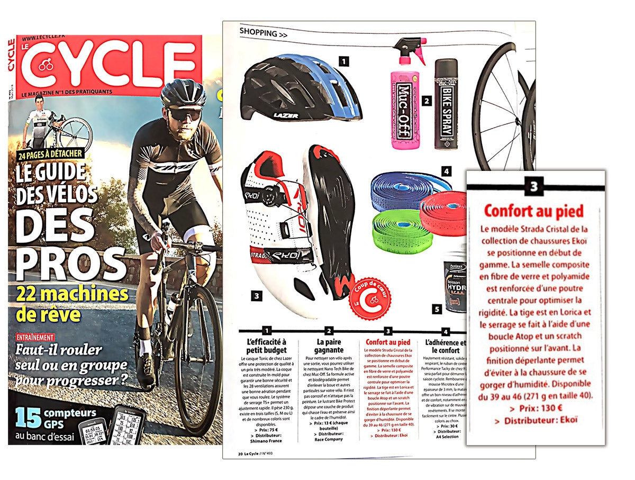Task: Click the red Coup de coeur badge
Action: [371, 298]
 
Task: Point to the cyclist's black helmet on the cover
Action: [183, 94]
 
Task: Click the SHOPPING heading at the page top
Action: [264, 33]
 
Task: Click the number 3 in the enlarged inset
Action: [534, 187]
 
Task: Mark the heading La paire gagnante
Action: [329, 346]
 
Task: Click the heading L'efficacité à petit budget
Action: [266, 346]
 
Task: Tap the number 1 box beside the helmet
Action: [344, 62]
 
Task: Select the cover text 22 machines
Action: [71, 295]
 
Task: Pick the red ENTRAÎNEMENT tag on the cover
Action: [35, 337]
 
